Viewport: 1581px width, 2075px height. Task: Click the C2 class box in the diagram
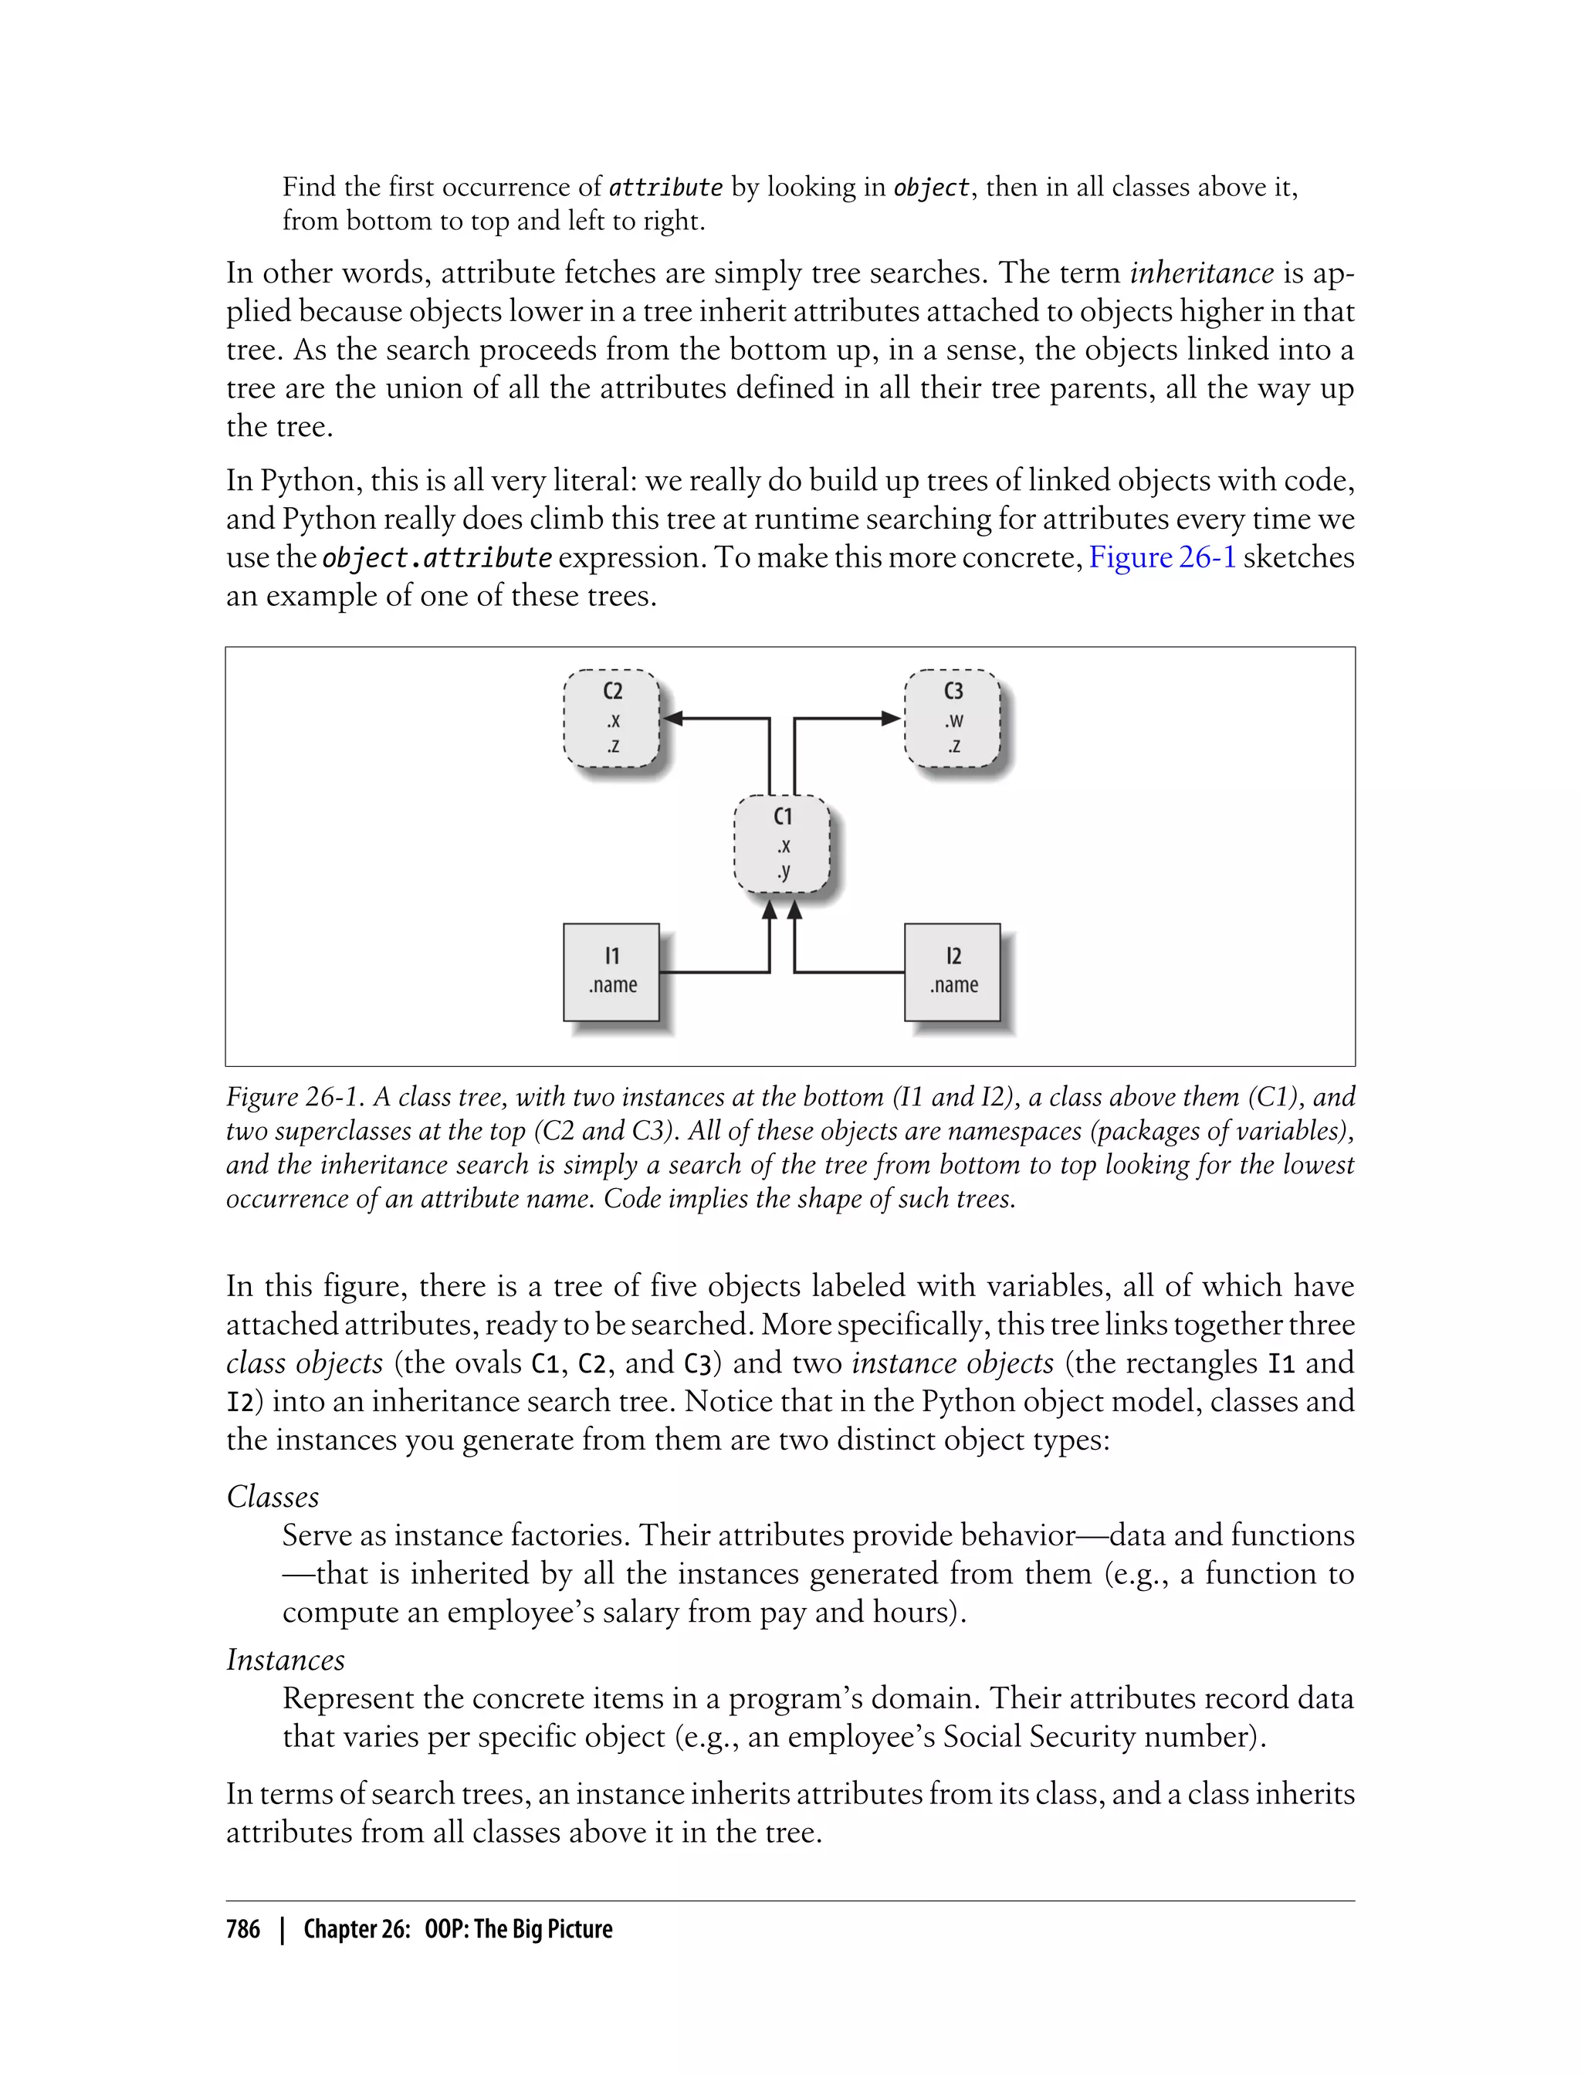(611, 719)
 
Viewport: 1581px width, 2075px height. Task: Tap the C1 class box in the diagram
(781, 844)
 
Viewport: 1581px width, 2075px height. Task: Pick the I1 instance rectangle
(611, 971)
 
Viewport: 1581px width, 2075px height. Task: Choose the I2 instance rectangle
(953, 971)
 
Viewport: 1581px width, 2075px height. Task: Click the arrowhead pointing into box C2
(672, 719)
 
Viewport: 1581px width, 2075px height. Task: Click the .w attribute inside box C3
(953, 722)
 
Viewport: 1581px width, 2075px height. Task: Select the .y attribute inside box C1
(783, 872)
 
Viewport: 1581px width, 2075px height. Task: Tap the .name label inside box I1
(613, 985)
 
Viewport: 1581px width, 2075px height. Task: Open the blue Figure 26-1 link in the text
(1161, 557)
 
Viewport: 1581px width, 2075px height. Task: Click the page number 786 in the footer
(243, 1930)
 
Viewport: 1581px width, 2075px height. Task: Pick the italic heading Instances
(285, 1660)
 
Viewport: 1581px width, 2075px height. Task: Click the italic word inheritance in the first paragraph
(1202, 273)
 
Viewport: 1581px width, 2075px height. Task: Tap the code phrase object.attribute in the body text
(437, 558)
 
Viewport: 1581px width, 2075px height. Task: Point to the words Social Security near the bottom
(1039, 1736)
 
